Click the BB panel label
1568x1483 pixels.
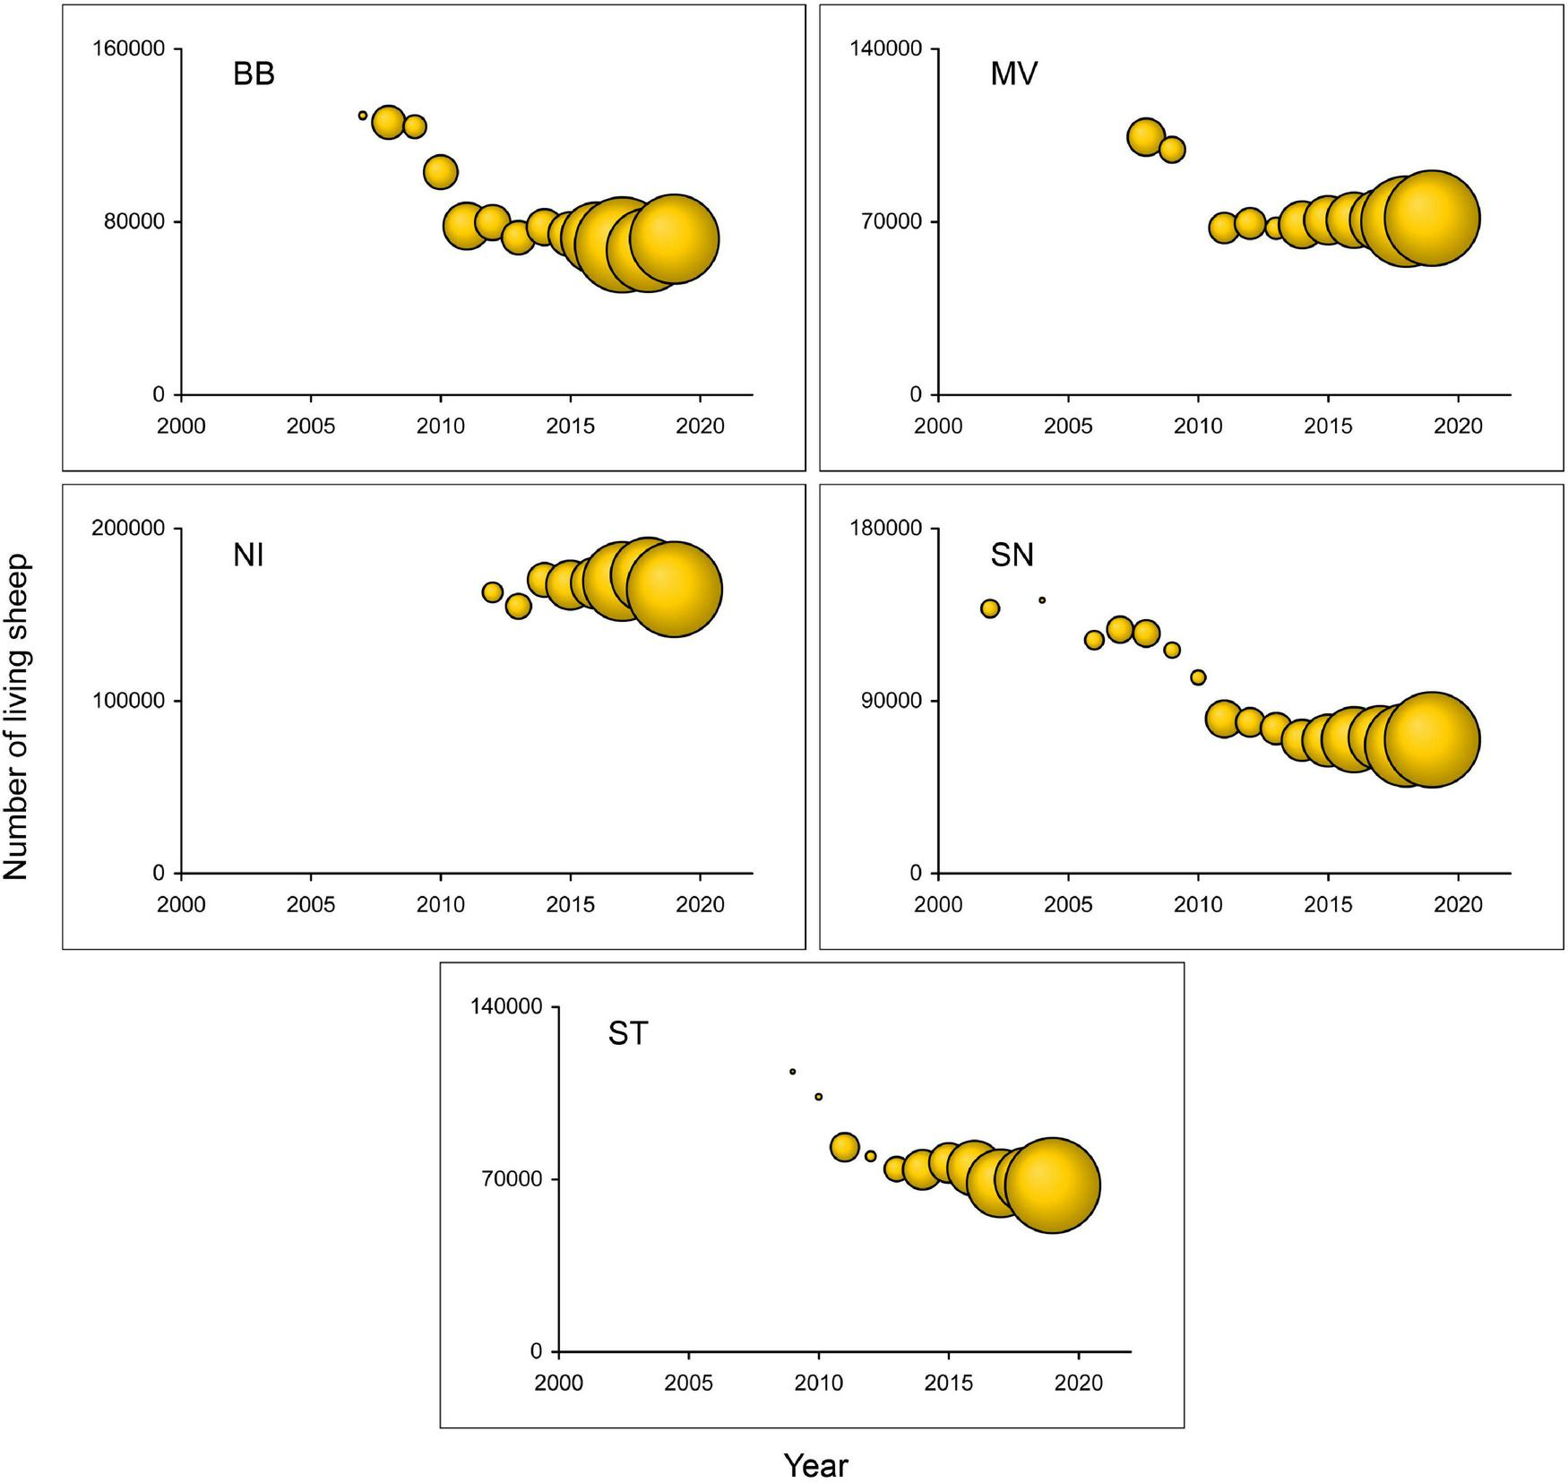click(254, 74)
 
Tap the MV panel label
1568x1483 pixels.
click(1013, 74)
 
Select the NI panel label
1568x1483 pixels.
click(248, 556)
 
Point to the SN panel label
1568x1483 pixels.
click(1012, 556)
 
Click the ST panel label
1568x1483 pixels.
click(627, 1034)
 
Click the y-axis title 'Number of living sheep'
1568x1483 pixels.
click(17, 717)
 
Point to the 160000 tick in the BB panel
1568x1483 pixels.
click(129, 48)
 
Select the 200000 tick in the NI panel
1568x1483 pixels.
click(129, 529)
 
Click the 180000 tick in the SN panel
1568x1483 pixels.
click(886, 529)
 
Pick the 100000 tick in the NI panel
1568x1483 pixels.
click(129, 701)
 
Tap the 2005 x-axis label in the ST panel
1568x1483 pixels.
click(688, 1384)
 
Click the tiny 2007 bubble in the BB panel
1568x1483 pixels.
click(363, 116)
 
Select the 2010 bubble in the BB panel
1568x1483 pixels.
click(440, 171)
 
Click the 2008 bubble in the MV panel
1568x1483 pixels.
click(1146, 137)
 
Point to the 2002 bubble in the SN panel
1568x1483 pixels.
click(990, 608)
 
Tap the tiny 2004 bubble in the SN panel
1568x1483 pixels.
click(1042, 600)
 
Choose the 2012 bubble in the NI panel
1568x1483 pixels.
click(492, 592)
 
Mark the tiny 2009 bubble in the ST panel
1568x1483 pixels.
click(793, 1072)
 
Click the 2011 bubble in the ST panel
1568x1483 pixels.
click(845, 1147)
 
